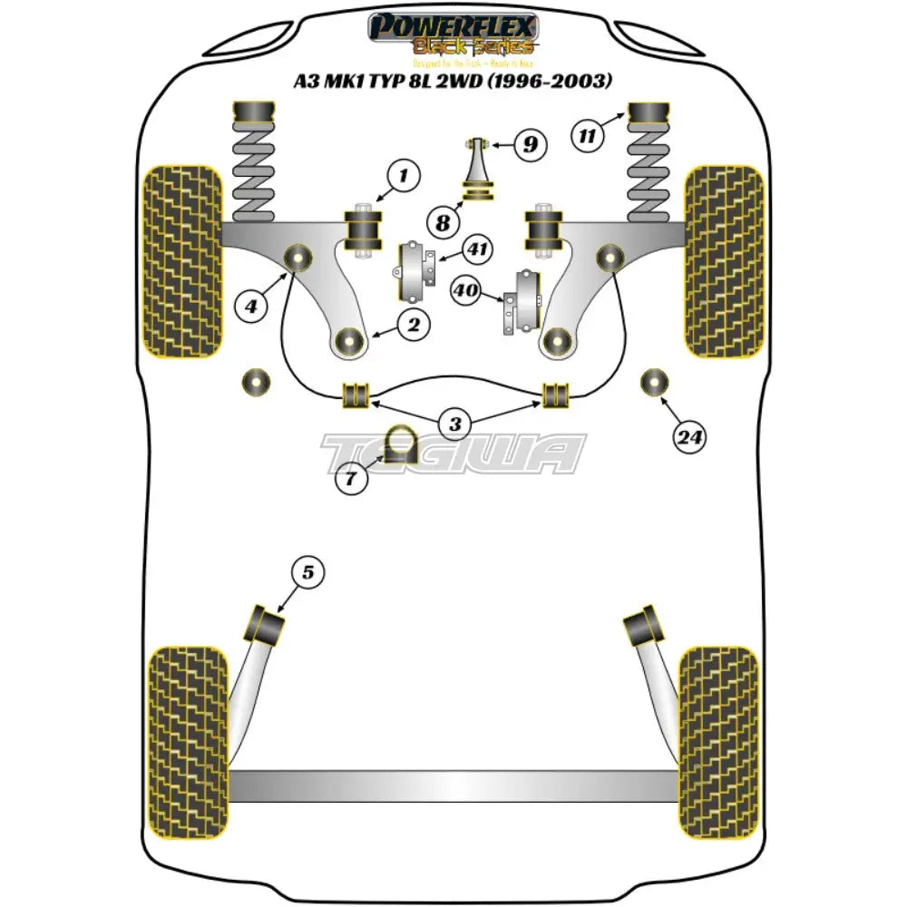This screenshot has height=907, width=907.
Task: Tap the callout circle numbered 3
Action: click(x=455, y=423)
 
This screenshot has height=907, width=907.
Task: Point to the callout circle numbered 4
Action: click(x=252, y=307)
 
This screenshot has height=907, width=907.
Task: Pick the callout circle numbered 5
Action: click(x=307, y=572)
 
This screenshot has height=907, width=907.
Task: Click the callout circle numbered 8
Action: click(x=442, y=222)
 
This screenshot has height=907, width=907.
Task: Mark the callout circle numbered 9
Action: click(x=530, y=143)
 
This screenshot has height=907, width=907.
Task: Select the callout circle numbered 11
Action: click(x=588, y=137)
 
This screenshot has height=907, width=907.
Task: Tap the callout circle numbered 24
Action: click(x=689, y=438)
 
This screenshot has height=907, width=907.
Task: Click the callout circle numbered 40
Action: click(x=466, y=290)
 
